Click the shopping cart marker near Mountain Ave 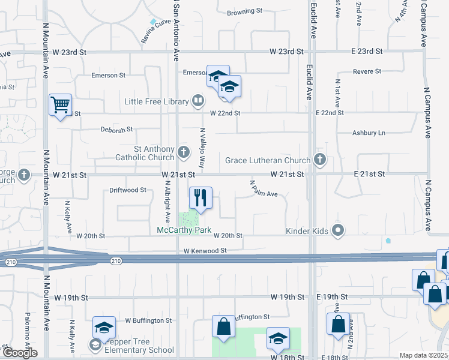coord(60,106)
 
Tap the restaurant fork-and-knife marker coord(200,197)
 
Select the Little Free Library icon coord(197,101)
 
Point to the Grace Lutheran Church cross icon coord(320,160)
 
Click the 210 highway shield coord(116,260)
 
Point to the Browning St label coord(245,11)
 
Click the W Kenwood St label coord(205,250)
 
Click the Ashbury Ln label coord(369,133)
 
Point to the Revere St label coord(368,71)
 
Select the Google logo coord(19,353)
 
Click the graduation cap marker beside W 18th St coord(278,340)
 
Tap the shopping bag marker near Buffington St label coord(223,327)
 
